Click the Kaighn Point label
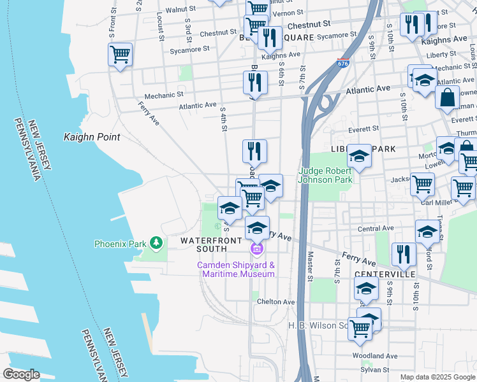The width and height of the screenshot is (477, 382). pos(92,137)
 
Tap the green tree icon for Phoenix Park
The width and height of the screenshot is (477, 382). pos(155,243)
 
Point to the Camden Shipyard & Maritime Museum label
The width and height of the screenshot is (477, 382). pos(235,269)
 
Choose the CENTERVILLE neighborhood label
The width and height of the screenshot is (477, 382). pos(385,274)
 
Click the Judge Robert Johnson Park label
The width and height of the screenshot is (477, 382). pos(325,175)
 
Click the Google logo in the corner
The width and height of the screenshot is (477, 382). pos(21,374)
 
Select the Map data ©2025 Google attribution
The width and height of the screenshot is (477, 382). pos(437,377)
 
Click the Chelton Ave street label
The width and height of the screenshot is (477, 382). pos(275,302)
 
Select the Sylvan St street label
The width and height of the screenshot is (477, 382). pos(375,369)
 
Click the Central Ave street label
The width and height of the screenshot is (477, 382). pos(376,228)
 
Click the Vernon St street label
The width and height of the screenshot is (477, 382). pos(286,13)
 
